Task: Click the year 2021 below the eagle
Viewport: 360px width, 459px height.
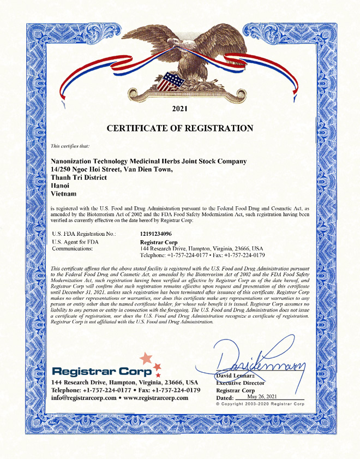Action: pos(179,109)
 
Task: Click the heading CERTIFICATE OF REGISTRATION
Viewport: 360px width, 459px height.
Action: pos(179,128)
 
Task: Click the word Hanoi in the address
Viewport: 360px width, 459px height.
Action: pos(61,185)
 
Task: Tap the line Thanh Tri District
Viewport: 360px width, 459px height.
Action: pos(78,177)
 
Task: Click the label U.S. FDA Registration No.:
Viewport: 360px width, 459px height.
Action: pos(83,234)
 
